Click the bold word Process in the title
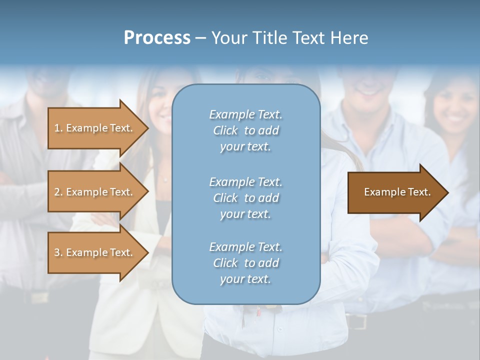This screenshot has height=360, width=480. [157, 38]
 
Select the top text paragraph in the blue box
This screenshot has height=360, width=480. [245, 130]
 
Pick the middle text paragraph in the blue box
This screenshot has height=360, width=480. [245, 197]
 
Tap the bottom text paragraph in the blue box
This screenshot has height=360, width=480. [245, 263]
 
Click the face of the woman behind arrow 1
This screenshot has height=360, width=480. [167, 100]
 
